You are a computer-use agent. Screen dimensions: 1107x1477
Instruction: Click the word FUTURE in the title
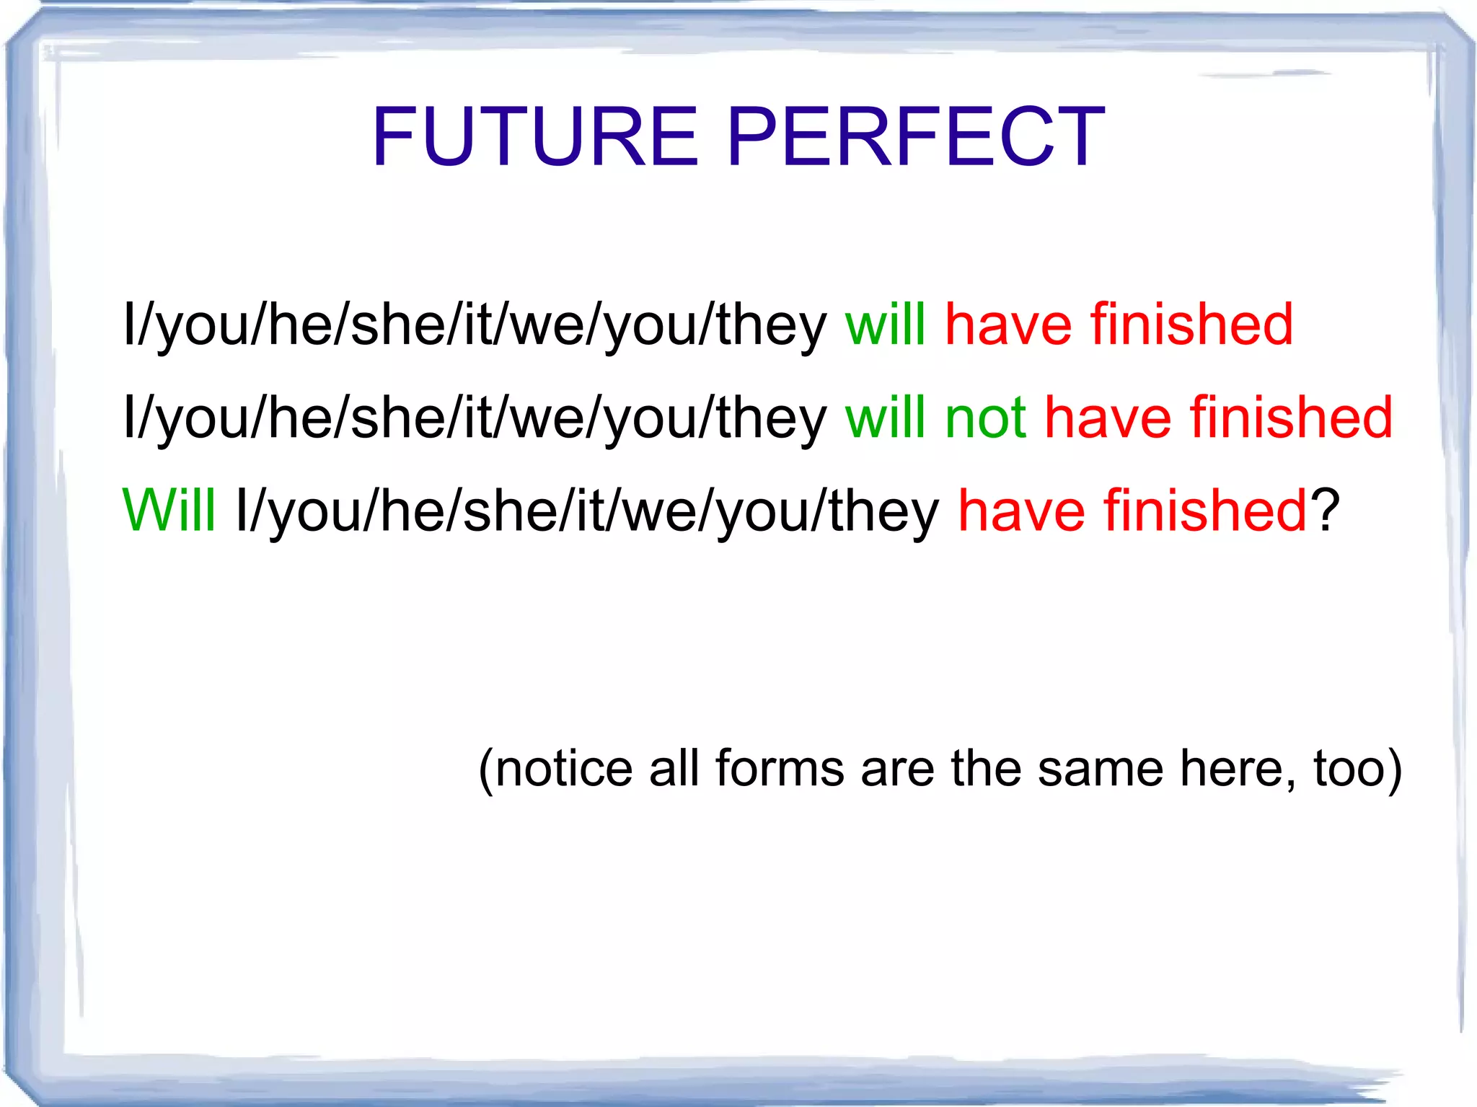coord(534,137)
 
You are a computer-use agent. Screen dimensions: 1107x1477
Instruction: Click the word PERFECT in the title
coord(915,137)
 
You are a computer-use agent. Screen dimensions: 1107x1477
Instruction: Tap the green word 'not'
coord(985,418)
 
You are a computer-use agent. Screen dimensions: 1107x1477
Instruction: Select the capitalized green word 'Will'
coord(169,511)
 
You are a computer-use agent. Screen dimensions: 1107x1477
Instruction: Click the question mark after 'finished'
coord(1325,511)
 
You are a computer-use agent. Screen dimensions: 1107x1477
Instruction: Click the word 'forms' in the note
coord(780,769)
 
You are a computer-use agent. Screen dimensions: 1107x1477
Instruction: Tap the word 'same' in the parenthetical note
coord(1101,769)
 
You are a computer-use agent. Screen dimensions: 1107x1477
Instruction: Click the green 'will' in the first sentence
coord(885,325)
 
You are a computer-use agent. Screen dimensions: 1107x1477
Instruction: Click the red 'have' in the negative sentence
coord(1108,418)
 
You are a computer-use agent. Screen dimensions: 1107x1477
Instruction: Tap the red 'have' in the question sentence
coord(1021,511)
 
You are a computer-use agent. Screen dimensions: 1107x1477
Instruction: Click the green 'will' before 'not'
coord(885,418)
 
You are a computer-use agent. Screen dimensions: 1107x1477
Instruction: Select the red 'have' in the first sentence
coord(1008,325)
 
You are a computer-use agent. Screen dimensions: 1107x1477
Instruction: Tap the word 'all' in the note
coord(674,769)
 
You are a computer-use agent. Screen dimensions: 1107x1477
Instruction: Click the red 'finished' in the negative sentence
coord(1291,418)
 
